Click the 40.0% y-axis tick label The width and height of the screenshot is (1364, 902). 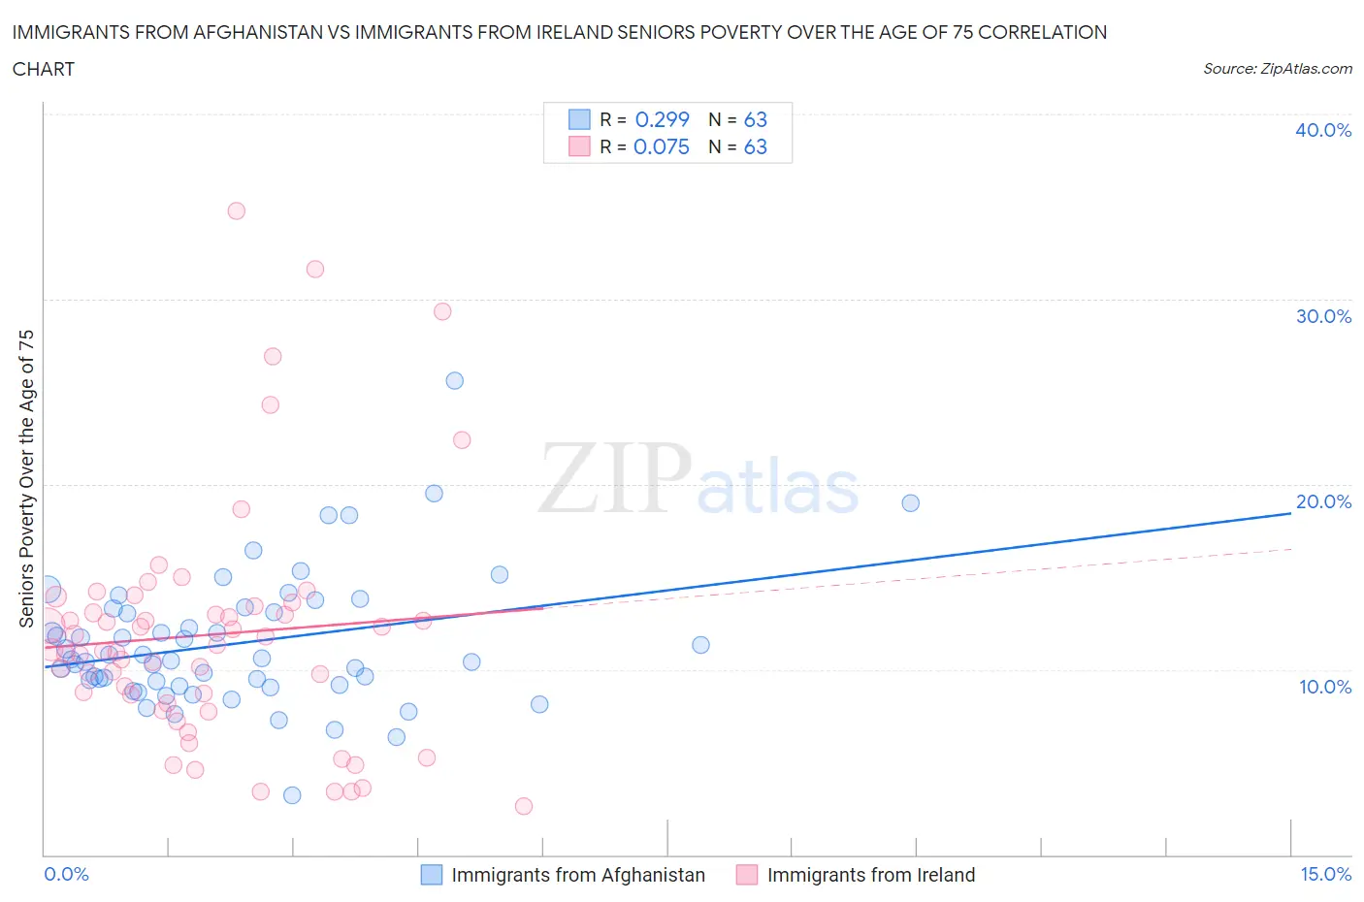click(x=1323, y=130)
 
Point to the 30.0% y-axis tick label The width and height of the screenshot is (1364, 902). click(x=1323, y=316)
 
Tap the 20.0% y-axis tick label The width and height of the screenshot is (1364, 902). click(x=1323, y=501)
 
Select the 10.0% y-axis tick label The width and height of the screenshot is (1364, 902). click(x=1323, y=687)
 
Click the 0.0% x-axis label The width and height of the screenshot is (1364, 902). click(x=66, y=874)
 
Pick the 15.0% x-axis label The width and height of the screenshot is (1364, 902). click(x=1325, y=874)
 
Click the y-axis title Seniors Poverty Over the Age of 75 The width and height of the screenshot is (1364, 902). click(x=26, y=478)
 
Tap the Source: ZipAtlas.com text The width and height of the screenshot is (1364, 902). click(x=1277, y=69)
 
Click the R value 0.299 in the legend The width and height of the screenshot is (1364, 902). click(x=662, y=119)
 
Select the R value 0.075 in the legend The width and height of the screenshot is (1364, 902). click(x=661, y=146)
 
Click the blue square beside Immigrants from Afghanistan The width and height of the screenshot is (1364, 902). click(x=431, y=875)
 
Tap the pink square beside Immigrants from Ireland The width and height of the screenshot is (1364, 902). click(x=746, y=875)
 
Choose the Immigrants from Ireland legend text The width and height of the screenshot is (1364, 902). click(x=870, y=875)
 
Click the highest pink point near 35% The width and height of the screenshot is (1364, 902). click(x=236, y=210)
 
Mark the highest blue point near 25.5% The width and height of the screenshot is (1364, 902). click(x=454, y=380)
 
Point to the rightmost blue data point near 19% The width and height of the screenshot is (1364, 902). click(x=910, y=502)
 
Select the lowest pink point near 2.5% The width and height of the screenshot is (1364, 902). click(x=524, y=806)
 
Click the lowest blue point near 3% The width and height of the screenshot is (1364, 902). click(x=292, y=795)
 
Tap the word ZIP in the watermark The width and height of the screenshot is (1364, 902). click(x=615, y=477)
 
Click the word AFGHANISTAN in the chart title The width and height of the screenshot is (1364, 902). click(x=259, y=32)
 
